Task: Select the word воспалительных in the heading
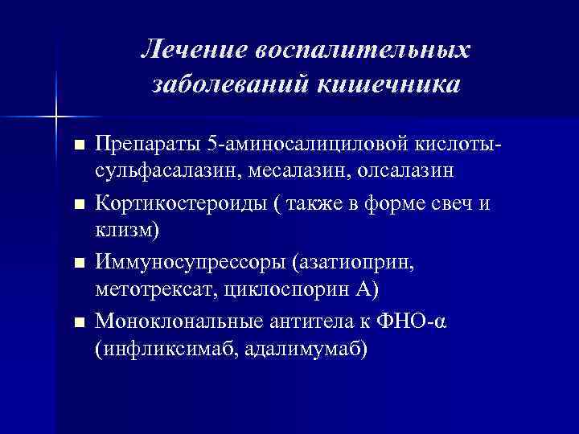[362, 50]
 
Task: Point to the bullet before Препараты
[78, 147]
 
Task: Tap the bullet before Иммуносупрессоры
[78, 264]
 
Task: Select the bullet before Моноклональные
[78, 322]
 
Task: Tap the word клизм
[125, 229]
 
